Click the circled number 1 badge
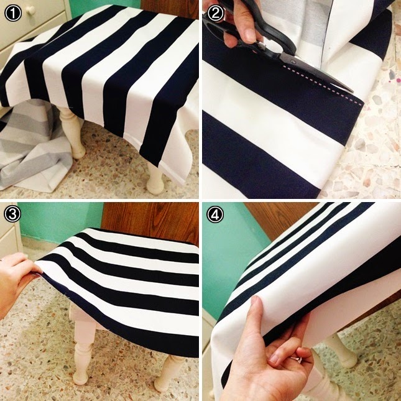pos(13,13)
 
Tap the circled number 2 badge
pos(215,13)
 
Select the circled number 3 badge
pos(12,214)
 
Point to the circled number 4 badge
pos(215,214)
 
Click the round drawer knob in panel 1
pos(30,10)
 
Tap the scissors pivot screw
pos(293,62)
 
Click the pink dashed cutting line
pos(323,85)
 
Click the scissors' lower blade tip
pos(353,91)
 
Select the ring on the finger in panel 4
pos(297,360)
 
